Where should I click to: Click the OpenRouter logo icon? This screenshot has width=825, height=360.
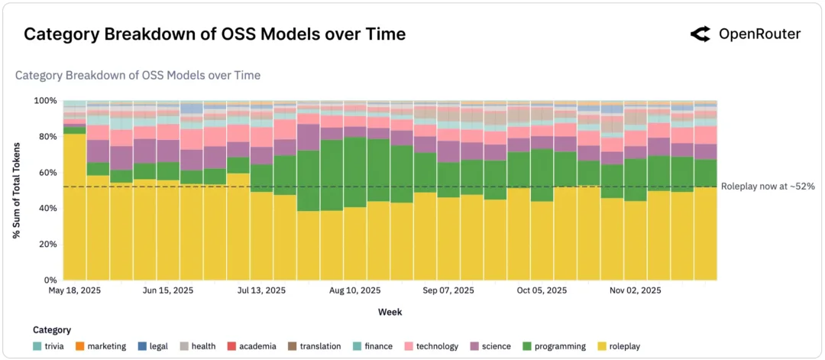point(700,34)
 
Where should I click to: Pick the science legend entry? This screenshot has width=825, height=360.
point(490,346)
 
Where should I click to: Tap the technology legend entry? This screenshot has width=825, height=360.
point(432,346)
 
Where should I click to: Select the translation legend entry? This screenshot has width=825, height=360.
point(314,346)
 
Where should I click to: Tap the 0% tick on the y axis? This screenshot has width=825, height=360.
point(50,281)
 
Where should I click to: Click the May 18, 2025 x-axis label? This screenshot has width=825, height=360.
point(74,291)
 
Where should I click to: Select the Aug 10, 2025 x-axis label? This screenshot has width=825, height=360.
point(354,291)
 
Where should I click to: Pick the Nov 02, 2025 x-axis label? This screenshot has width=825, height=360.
point(635,291)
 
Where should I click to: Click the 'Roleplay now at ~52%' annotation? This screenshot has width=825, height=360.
point(768,186)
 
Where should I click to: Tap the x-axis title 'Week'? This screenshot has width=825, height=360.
point(390,312)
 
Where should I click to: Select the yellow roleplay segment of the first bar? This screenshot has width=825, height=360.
point(74,206)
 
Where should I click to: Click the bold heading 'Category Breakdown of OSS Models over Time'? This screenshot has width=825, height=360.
point(215,34)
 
